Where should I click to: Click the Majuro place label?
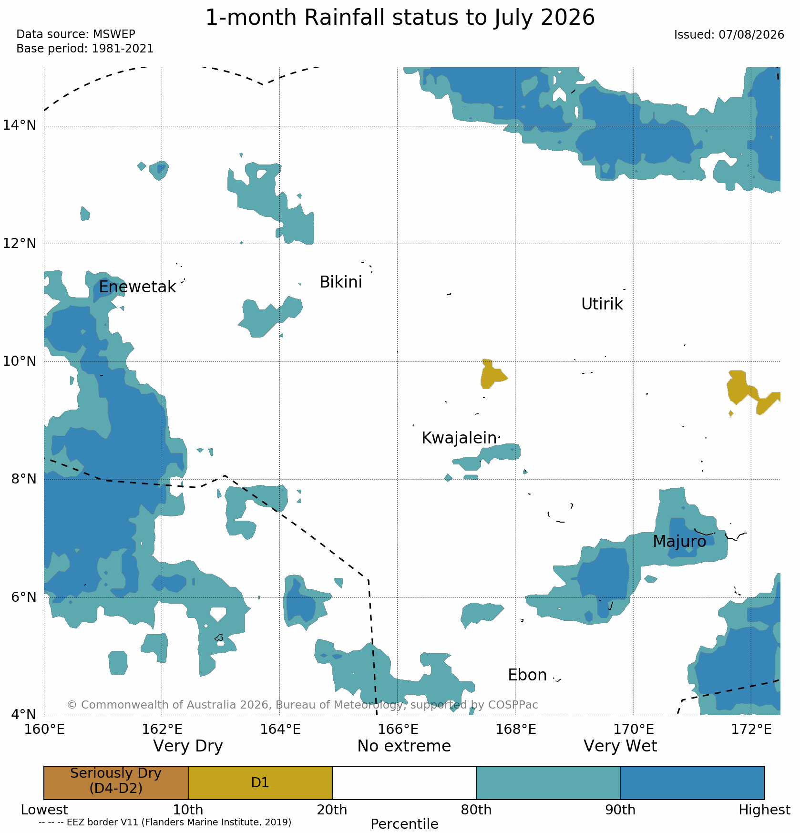(679, 542)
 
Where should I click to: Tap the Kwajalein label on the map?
(459, 438)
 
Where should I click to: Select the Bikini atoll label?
(341, 282)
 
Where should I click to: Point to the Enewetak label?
(137, 287)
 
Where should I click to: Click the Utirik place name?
(602, 304)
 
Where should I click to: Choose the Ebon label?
(527, 675)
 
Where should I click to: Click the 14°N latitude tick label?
(20, 125)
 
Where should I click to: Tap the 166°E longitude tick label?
(399, 729)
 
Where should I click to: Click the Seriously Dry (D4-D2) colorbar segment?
(116, 782)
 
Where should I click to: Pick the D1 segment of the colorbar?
(260, 782)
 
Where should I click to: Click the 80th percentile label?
(476, 810)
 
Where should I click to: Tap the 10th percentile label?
(188, 810)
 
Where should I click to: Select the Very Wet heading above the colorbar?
(620, 746)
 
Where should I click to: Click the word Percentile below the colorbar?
(404, 824)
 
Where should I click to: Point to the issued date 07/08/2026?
(751, 35)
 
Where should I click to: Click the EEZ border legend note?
(165, 822)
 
